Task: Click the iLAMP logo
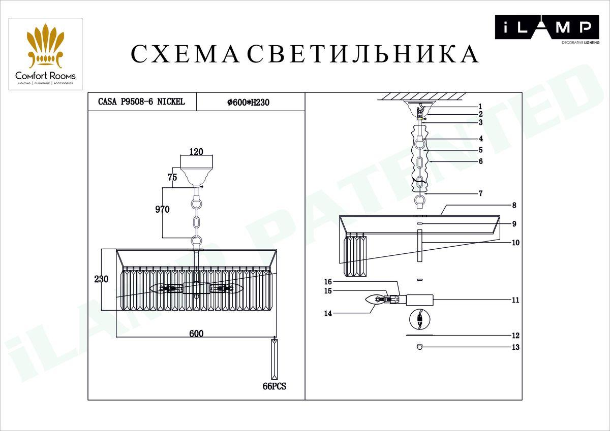click(x=547, y=29)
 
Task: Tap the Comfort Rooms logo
click(x=45, y=54)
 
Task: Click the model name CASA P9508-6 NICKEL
click(x=141, y=102)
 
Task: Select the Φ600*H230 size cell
click(x=249, y=102)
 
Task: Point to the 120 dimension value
click(x=196, y=151)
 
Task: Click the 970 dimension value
click(x=162, y=209)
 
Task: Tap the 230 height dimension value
click(x=101, y=279)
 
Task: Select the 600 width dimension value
click(x=196, y=334)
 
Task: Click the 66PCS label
click(x=274, y=386)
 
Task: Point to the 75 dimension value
click(x=172, y=177)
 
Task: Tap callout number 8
click(x=514, y=205)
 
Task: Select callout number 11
click(x=515, y=300)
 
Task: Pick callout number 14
click(x=328, y=313)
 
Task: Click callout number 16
click(x=328, y=281)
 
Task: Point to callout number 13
click(x=515, y=347)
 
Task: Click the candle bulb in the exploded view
click(x=375, y=300)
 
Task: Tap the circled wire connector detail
click(x=420, y=320)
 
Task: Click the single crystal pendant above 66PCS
click(x=274, y=359)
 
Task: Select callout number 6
click(x=481, y=161)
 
